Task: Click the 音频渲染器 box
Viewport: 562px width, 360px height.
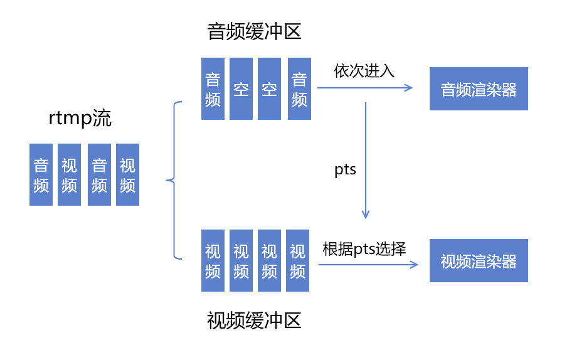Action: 479,89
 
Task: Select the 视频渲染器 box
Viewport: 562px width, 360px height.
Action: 479,261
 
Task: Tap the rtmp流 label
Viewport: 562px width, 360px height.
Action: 80,119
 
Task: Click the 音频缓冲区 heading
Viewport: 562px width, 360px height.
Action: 255,31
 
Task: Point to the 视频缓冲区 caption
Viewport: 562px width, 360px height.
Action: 255,320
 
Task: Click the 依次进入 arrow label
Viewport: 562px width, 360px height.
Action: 364,70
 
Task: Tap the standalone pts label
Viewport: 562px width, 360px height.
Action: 346,169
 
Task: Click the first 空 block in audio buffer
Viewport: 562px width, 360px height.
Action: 241,89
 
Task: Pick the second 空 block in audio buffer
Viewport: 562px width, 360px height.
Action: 269,89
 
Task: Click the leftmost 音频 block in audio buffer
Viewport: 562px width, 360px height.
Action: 213,89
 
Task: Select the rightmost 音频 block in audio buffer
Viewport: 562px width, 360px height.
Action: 299,89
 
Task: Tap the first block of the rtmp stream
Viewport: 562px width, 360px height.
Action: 41,174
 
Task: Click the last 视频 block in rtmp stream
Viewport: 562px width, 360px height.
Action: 127,174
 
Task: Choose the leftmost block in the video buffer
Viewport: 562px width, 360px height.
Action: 213,260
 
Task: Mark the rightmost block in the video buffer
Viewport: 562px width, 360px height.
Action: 297,260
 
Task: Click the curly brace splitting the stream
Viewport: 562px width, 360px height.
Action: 174,181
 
